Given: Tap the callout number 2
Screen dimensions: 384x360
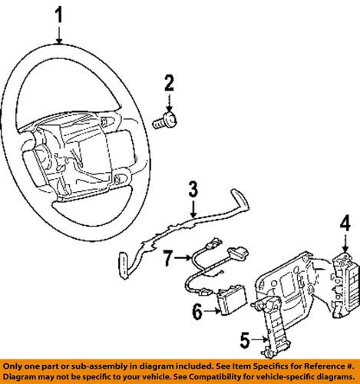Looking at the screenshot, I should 169,84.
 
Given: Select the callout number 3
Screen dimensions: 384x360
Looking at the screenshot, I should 193,189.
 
